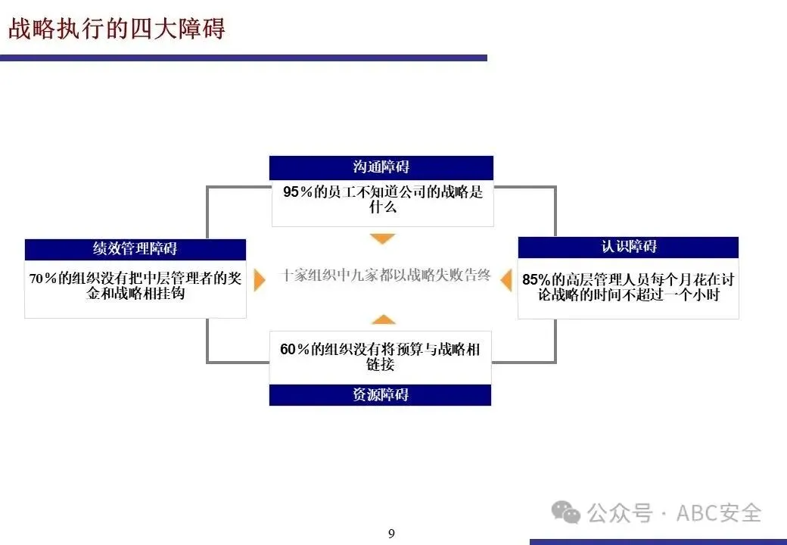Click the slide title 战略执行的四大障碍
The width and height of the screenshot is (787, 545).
click(117, 29)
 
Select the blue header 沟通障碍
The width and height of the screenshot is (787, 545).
click(381, 167)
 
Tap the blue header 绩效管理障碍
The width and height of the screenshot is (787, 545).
click(135, 249)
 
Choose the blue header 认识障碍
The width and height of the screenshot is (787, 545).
click(628, 247)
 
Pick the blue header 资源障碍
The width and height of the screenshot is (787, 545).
click(381, 394)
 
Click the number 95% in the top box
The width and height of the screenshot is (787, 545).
click(298, 192)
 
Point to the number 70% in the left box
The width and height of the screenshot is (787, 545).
click(43, 279)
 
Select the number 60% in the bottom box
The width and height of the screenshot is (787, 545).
click(295, 350)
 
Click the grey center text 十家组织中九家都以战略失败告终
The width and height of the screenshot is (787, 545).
click(385, 276)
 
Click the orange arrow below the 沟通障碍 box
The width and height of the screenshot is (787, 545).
click(383, 239)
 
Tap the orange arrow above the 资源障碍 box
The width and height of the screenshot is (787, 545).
click(383, 319)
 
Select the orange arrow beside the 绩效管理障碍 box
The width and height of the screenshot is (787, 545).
click(260, 279)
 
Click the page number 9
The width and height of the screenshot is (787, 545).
click(391, 534)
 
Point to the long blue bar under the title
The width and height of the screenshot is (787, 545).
click(243, 58)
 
